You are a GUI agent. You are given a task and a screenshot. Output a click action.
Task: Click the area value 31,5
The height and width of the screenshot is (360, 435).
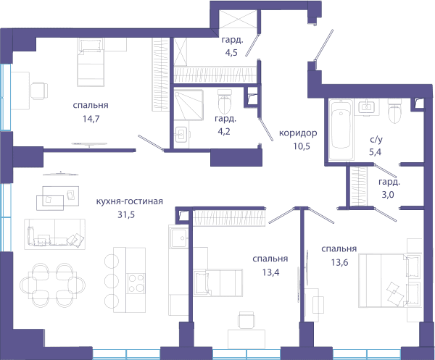pyautogui.click(x=126, y=214)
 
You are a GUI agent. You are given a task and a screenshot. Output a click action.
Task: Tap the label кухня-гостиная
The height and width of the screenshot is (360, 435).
pyautogui.click(x=130, y=201)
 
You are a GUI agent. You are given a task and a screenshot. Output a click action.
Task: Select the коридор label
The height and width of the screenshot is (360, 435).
pyautogui.click(x=298, y=133)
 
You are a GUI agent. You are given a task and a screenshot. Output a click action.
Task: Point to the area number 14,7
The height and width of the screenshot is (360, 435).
pyautogui.click(x=91, y=119)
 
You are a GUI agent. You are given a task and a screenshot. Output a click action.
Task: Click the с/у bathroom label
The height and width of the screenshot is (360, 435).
pyautogui.click(x=376, y=139)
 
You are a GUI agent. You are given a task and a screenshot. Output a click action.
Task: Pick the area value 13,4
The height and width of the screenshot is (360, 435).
pyautogui.click(x=270, y=272)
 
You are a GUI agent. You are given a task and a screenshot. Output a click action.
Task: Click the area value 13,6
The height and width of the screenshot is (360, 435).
pyautogui.click(x=339, y=262)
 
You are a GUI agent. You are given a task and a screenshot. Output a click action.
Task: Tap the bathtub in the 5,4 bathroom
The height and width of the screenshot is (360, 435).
pyautogui.click(x=341, y=130)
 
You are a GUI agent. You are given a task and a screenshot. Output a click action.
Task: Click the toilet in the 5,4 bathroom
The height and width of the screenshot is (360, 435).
pyautogui.click(x=395, y=111)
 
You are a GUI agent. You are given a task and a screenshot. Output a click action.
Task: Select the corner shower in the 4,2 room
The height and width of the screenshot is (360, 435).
pyautogui.click(x=188, y=105)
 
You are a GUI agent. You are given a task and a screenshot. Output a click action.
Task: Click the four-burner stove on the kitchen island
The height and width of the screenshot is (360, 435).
pyautogui.click(x=136, y=283)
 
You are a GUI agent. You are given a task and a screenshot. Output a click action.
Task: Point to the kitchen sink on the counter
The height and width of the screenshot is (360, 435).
pyautogui.click(x=179, y=238)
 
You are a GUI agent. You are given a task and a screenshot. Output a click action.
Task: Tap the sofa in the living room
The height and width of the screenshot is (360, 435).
pyautogui.click(x=54, y=234)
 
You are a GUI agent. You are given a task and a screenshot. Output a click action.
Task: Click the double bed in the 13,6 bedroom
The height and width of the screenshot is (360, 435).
pyautogui.click(x=390, y=280)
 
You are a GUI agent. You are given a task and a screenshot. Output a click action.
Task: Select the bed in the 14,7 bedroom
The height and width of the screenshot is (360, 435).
pyautogui.click(x=91, y=62)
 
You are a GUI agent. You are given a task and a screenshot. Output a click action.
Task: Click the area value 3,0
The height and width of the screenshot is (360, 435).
pyautogui.click(x=388, y=195)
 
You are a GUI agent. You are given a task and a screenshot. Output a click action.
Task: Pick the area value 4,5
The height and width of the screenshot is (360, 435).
pyautogui.click(x=231, y=53)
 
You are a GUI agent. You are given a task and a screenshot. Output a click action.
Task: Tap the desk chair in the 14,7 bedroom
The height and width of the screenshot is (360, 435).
pyautogui.click(x=39, y=91)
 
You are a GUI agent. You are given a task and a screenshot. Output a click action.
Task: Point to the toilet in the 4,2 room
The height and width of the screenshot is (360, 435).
pyautogui.click(x=225, y=101)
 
